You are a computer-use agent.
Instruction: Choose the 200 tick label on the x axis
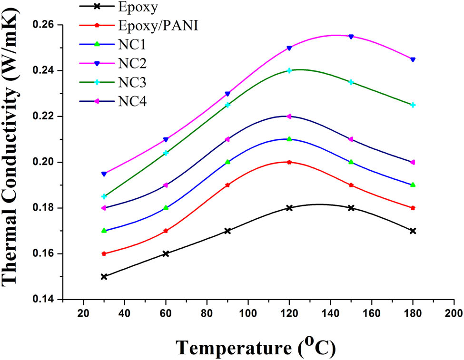(454, 314)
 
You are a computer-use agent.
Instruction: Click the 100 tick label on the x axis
(247, 314)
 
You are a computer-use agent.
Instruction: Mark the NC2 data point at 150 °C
(351, 37)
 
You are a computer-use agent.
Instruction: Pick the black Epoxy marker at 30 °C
(104, 276)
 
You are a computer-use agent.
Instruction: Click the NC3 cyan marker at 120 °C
(289, 70)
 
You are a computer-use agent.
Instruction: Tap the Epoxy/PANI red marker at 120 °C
(289, 162)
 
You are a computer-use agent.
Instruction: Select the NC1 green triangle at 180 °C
(413, 185)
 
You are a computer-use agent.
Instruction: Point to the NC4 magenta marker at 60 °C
(166, 185)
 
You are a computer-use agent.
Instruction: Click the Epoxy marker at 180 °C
(413, 231)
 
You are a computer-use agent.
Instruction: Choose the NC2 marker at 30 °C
(104, 174)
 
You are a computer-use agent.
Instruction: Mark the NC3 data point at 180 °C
(413, 105)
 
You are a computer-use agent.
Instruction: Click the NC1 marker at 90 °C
(227, 162)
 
